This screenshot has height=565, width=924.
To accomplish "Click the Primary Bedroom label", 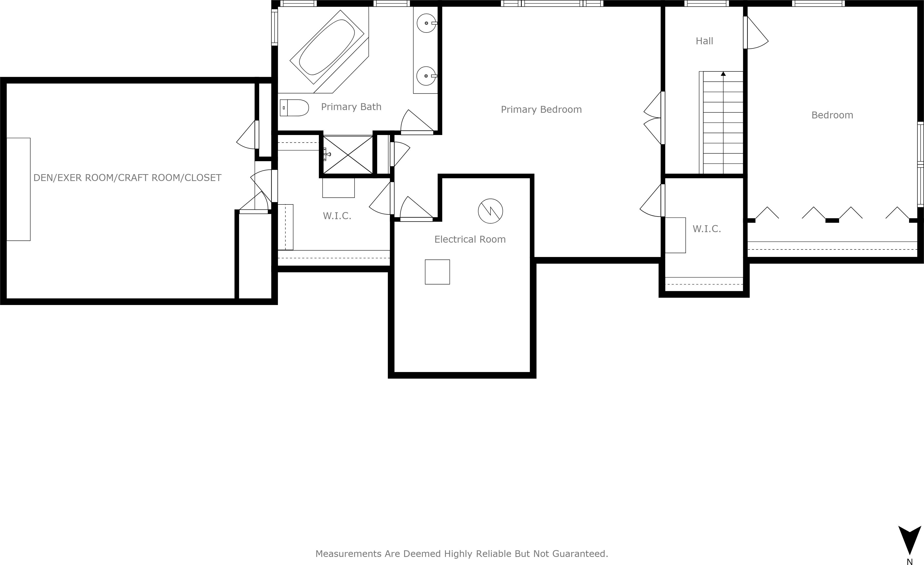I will pos(541,110).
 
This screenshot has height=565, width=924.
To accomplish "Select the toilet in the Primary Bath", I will pos(294,108).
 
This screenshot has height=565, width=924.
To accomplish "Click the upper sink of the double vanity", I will pos(426,23).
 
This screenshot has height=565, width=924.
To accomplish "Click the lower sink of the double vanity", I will pos(426,76).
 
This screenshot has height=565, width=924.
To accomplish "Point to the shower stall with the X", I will pos(348,155).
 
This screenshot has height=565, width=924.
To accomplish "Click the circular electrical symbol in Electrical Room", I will pos(490,211).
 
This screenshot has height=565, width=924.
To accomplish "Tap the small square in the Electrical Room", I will pos(437,272).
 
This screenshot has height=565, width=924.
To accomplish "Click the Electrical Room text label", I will pos(470,239).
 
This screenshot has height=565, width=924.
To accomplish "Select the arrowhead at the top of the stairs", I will pos(723,74).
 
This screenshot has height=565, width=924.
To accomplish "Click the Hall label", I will pos(704,41).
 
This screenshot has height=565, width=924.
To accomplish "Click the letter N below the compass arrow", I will pos(909,562).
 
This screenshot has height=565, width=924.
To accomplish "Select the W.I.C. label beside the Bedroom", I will pos(706,229).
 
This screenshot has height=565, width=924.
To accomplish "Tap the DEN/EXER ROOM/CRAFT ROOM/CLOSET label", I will pos(127,178).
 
